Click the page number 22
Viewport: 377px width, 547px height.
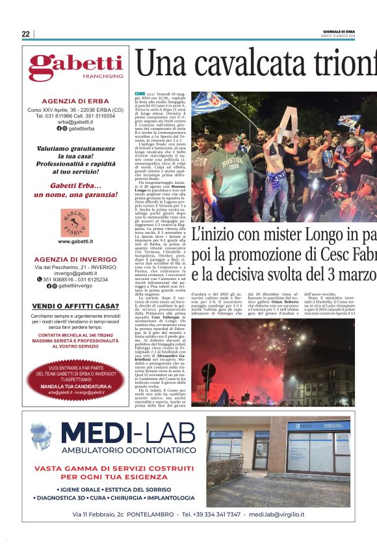click(25, 34)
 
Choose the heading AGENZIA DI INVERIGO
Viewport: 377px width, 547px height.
click(75, 259)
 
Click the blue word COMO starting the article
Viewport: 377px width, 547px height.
click(140, 94)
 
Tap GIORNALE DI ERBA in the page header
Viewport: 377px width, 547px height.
click(340, 31)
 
